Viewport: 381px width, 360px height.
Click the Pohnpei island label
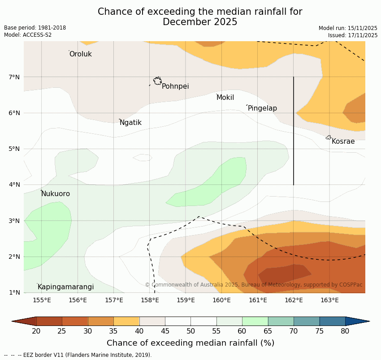[175, 86]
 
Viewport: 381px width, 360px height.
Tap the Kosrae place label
[343, 141]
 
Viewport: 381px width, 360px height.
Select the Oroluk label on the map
[80, 54]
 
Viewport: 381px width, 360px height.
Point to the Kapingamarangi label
[65, 287]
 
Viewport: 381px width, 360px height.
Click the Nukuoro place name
[56, 194]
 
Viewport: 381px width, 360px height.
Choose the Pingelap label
[262, 108]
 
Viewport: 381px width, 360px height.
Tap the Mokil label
[225, 98]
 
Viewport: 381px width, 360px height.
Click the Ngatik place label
[130, 123]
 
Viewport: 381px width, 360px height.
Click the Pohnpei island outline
[157, 81]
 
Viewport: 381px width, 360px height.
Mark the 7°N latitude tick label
[14, 77]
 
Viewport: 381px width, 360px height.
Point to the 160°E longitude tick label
[222, 300]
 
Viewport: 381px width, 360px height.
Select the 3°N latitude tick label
[14, 221]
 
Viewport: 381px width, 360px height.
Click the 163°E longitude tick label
[329, 300]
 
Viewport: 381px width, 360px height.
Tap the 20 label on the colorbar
[36, 331]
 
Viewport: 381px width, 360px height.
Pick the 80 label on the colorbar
[345, 331]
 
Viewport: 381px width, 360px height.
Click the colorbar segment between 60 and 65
[255, 321]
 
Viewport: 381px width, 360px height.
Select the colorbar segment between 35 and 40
[126, 321]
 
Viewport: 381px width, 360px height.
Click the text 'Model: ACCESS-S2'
[28, 35]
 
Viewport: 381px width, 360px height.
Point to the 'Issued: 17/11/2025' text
[352, 35]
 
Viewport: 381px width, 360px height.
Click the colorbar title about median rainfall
[190, 343]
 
